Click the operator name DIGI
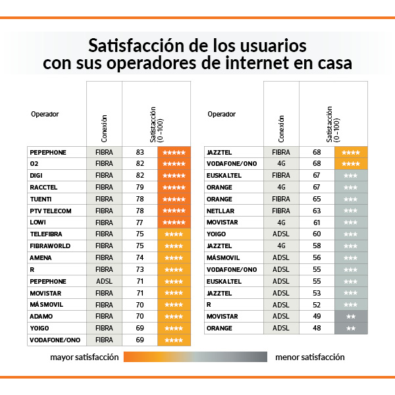tap(36, 176)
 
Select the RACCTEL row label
tap(43, 188)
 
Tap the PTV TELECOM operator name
tap(50, 211)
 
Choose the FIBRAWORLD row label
tap(49, 246)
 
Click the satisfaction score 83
tap(140, 152)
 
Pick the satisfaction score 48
tap(317, 328)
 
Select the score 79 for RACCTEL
tap(140, 188)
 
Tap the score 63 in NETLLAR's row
tap(317, 211)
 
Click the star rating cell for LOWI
tap(174, 223)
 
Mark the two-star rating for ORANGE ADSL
tap(351, 328)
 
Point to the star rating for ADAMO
tap(174, 317)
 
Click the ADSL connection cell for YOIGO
tap(281, 234)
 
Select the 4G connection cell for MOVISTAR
tap(281, 223)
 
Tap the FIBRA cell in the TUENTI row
tap(104, 199)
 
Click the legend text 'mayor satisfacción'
tap(84, 357)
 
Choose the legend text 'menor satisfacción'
tap(310, 357)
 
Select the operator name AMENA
tap(41, 258)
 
